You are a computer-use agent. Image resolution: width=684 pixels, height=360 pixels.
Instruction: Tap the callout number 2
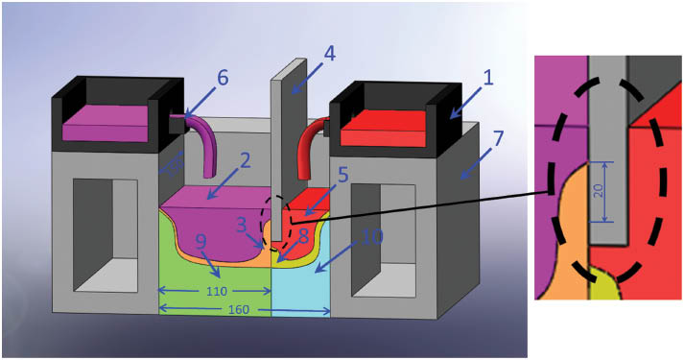[246, 159]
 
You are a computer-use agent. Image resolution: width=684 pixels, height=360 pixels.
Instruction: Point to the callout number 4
[329, 55]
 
